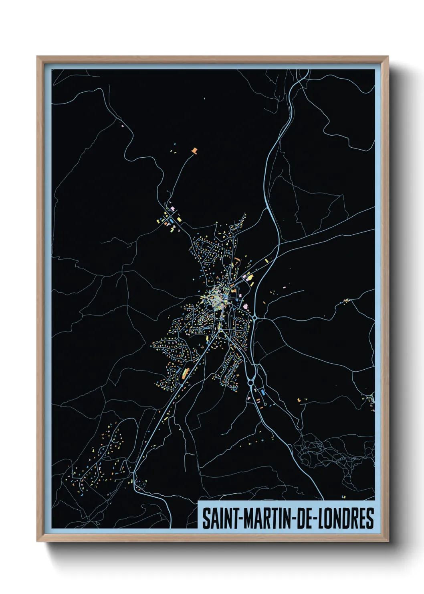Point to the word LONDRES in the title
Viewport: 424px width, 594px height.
pyautogui.click(x=345, y=518)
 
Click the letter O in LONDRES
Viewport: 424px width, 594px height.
pyautogui.click(x=330, y=518)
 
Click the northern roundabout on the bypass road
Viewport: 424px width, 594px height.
pyautogui.click(x=255, y=318)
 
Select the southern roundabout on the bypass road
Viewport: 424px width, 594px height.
pyautogui.click(x=251, y=382)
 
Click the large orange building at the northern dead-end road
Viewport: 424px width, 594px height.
pyautogui.click(x=195, y=151)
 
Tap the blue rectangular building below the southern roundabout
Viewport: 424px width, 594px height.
pyautogui.click(x=262, y=391)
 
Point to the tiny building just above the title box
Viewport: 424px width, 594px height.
pyautogui.click(x=343, y=497)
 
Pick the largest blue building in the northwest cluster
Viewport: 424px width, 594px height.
pyautogui.click(x=171, y=220)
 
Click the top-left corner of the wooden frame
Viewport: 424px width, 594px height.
pyautogui.click(x=38, y=57)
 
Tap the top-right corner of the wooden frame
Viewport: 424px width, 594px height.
pyautogui.click(x=388, y=57)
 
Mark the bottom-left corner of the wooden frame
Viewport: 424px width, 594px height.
pyautogui.click(x=38, y=541)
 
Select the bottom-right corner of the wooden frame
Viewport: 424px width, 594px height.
pyautogui.click(x=388, y=541)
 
